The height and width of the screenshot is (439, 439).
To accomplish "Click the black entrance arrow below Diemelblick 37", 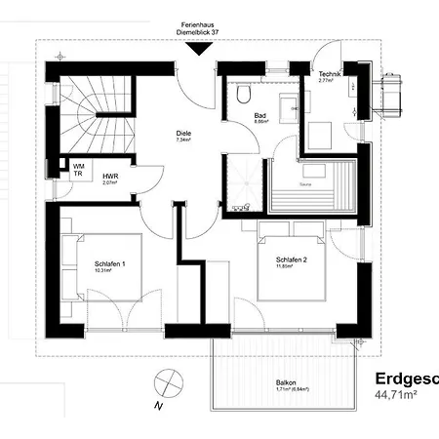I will (201, 49).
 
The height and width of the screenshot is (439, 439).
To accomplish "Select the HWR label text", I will (110, 176).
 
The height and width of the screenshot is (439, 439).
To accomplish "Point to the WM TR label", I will (78, 170).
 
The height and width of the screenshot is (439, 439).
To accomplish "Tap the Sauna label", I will (305, 182).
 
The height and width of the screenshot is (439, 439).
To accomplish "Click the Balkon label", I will (285, 382).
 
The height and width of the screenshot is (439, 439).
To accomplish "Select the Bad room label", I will (260, 115).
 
